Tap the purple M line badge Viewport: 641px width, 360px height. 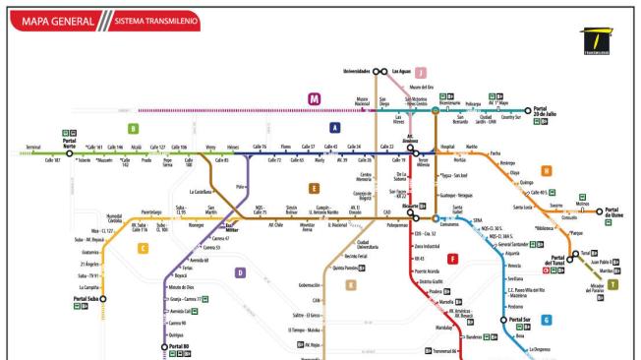pyautogui.click(x=315, y=98)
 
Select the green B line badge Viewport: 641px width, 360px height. pyautogui.click(x=133, y=128)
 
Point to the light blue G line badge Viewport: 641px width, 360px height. pyautogui.click(x=547, y=320)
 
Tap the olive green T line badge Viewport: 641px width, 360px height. pyautogui.click(x=614, y=284)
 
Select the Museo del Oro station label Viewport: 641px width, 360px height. pyautogui.click(x=421, y=87)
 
